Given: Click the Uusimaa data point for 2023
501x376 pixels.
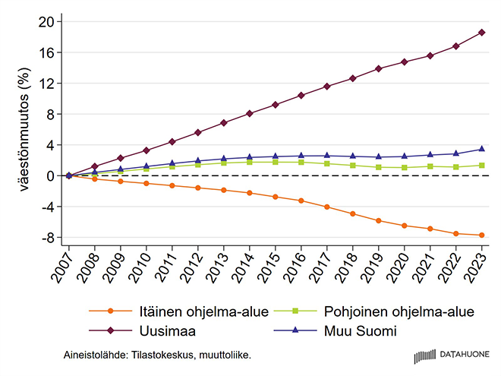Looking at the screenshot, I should (481, 33).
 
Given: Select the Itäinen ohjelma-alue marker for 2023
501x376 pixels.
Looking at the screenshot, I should (481, 235).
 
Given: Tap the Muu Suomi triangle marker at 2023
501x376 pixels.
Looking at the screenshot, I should (481, 149).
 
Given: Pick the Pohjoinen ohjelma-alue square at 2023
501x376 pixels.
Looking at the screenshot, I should (481, 165).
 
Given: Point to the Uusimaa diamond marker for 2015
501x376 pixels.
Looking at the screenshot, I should (275, 105).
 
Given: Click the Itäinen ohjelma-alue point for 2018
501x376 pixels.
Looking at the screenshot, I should (352, 214).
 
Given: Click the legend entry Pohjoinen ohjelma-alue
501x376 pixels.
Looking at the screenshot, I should (399, 312).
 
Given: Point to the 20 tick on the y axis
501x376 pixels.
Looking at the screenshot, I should (50, 22).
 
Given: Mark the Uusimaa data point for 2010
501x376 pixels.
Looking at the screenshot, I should (146, 150).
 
